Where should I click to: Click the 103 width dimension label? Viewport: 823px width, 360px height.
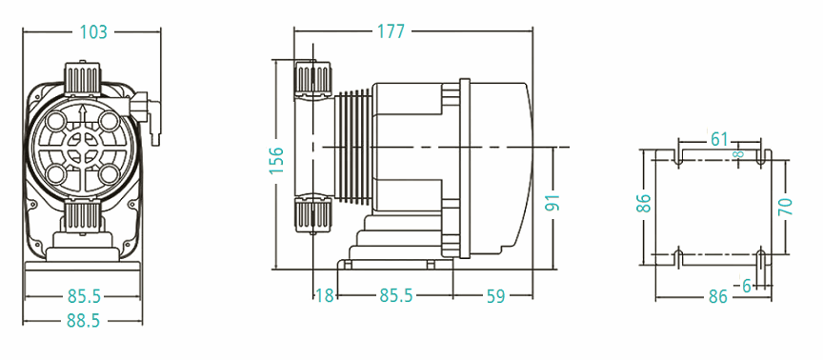(x=93, y=32)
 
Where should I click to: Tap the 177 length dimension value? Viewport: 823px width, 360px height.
(x=391, y=31)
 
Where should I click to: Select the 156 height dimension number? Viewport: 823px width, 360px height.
(x=276, y=161)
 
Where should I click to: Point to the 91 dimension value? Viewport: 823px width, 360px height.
(x=552, y=202)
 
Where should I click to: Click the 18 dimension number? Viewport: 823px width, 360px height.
(x=325, y=296)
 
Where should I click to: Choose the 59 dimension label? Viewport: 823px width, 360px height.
(x=495, y=296)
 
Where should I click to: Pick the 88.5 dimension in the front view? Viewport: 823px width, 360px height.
(x=83, y=321)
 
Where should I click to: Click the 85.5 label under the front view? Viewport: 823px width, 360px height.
(x=84, y=296)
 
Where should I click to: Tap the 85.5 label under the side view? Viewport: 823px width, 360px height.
(x=396, y=296)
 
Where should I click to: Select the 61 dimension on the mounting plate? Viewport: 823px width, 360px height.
(x=719, y=140)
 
